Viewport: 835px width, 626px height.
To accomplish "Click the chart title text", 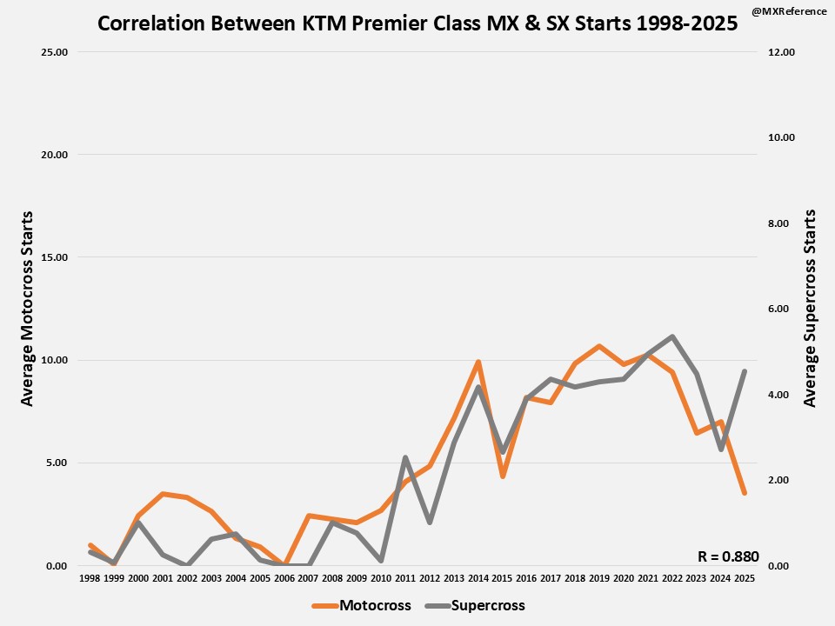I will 417,23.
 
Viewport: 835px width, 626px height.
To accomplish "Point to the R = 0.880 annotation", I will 728,556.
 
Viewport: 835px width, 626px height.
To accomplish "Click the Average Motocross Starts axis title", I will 27,308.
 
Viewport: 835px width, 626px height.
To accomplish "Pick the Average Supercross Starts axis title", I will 810,308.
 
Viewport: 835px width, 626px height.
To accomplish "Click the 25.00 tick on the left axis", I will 55,52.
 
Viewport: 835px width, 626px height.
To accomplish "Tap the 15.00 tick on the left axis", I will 55,257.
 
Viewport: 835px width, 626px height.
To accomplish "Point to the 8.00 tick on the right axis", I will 781,223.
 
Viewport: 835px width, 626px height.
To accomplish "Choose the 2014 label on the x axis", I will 478,577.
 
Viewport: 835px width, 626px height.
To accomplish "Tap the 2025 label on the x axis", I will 745,577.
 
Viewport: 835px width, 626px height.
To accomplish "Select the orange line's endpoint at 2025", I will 745,493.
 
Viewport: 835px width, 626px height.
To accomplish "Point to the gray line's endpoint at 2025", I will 745,371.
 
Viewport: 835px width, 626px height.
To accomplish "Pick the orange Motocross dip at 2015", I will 503,476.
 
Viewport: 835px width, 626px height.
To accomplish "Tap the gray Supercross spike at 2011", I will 405,457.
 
